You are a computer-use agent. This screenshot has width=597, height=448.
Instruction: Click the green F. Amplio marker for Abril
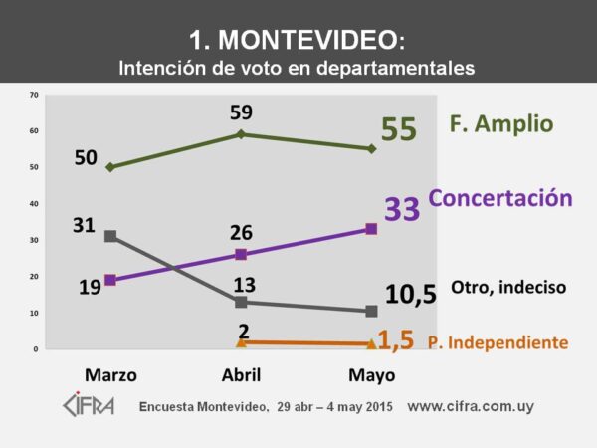[x=240, y=134]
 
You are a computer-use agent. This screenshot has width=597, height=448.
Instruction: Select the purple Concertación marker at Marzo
[x=109, y=280]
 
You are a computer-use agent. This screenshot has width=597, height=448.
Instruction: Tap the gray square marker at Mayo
[x=371, y=311]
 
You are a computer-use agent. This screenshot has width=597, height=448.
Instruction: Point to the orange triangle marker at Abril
[x=240, y=341]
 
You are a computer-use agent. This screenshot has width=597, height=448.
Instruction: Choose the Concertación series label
[x=500, y=198]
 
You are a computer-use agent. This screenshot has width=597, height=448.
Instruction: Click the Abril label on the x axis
[x=240, y=375]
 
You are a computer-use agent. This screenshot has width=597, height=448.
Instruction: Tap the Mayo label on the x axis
[x=370, y=375]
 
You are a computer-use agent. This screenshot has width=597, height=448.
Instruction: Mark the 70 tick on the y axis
[x=34, y=96]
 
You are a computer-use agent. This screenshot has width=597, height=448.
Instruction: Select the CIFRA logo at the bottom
[x=89, y=406]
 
